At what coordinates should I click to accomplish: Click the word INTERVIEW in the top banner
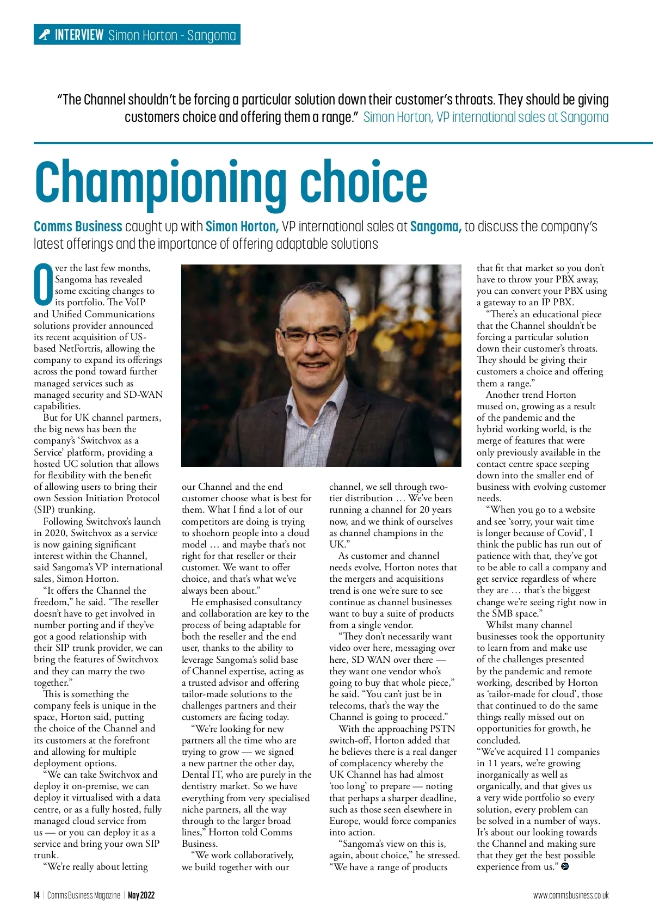79,35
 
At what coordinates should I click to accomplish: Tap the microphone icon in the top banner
44,35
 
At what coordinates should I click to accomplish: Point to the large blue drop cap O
43,285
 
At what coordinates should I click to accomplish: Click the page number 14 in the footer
36,895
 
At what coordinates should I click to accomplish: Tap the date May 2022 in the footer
141,895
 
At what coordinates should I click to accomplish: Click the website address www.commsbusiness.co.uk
571,895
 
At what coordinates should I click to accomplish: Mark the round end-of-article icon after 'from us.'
565,866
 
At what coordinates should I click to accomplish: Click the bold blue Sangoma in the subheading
435,226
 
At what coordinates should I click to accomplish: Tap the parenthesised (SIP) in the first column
45,510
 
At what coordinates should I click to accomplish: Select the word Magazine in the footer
107,895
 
